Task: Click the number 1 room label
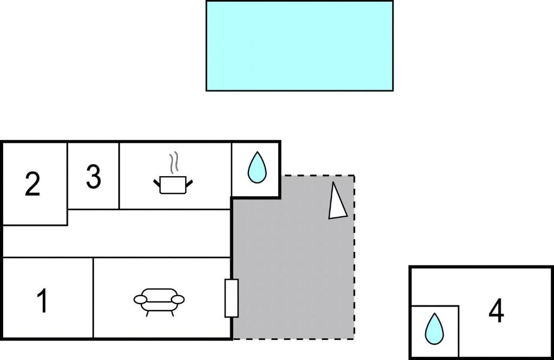(x=42, y=301)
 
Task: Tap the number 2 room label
(x=32, y=184)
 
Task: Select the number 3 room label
(x=94, y=177)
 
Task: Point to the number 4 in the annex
(x=496, y=311)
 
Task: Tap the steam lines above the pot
(x=174, y=162)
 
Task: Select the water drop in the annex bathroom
(x=434, y=328)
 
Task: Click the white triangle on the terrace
(x=337, y=203)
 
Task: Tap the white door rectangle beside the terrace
(x=232, y=298)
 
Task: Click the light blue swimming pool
(x=299, y=45)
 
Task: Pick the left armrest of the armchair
(x=141, y=299)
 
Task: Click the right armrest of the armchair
(x=178, y=299)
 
